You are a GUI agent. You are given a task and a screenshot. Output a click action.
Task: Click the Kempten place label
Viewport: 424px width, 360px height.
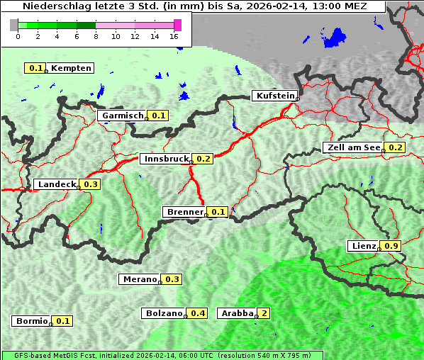coord(71,68)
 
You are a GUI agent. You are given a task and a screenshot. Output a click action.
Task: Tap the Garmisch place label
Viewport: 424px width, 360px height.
coord(123,116)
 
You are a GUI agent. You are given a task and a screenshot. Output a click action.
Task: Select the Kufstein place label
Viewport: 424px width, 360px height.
coord(274,96)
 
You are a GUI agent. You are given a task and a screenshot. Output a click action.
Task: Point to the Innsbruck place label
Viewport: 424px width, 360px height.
coord(166,159)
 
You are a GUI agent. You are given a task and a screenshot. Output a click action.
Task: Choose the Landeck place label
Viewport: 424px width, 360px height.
coord(56,184)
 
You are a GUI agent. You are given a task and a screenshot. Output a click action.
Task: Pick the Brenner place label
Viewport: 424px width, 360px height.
coord(184,212)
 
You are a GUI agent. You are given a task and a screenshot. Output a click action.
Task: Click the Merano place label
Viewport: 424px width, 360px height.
coord(139,279)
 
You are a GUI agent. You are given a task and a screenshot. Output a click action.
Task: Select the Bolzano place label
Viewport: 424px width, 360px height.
coord(164,313)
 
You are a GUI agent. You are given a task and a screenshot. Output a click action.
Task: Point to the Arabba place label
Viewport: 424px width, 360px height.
coord(236,313)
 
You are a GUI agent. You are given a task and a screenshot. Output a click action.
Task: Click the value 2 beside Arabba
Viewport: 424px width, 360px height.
coord(264,313)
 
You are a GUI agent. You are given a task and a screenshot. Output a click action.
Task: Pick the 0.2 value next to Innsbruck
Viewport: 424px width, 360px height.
coord(204,159)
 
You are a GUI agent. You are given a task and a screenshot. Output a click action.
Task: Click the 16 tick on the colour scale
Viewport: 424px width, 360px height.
coord(174,36)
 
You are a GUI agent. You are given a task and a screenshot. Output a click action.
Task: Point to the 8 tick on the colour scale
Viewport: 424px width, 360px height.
coord(96,36)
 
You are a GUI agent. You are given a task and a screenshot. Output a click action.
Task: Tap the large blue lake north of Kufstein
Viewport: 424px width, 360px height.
coord(333,37)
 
